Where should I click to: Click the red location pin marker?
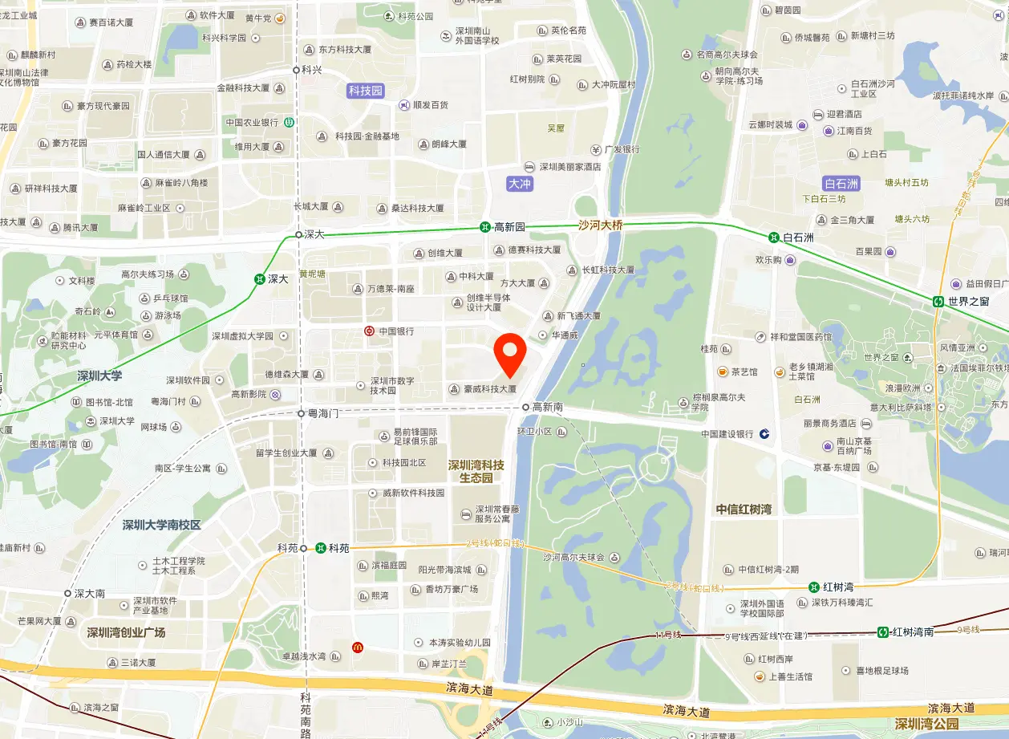[x=510, y=354]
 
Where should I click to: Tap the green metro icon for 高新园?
[x=485, y=227]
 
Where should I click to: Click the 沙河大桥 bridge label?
[x=600, y=225]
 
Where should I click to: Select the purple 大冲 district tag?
[x=521, y=184]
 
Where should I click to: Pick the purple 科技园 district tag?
[x=366, y=91]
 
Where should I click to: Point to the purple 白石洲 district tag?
[x=841, y=184]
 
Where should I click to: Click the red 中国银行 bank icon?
[x=369, y=331]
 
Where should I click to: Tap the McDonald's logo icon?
[x=357, y=647]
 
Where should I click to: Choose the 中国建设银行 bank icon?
[x=764, y=433]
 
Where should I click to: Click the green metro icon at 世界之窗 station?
[x=938, y=301]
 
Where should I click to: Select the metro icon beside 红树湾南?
[x=883, y=631]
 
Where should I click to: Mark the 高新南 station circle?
[x=525, y=407]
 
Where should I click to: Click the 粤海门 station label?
[x=323, y=413]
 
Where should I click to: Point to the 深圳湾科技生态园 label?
[x=476, y=471]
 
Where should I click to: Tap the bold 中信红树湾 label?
[x=744, y=509]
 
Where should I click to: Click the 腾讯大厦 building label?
[x=80, y=227]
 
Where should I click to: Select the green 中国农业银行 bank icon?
[x=289, y=123]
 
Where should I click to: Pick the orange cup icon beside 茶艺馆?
[x=723, y=372]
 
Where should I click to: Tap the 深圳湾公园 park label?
[x=926, y=725]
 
